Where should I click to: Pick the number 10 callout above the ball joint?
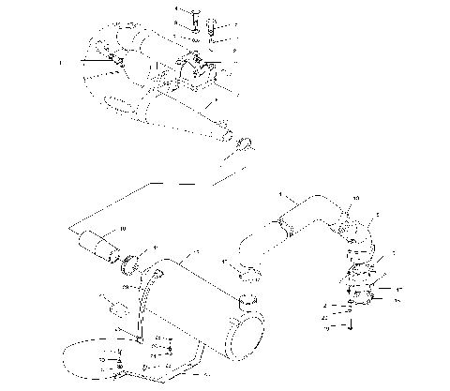pyautogui.click(x=354, y=198)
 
